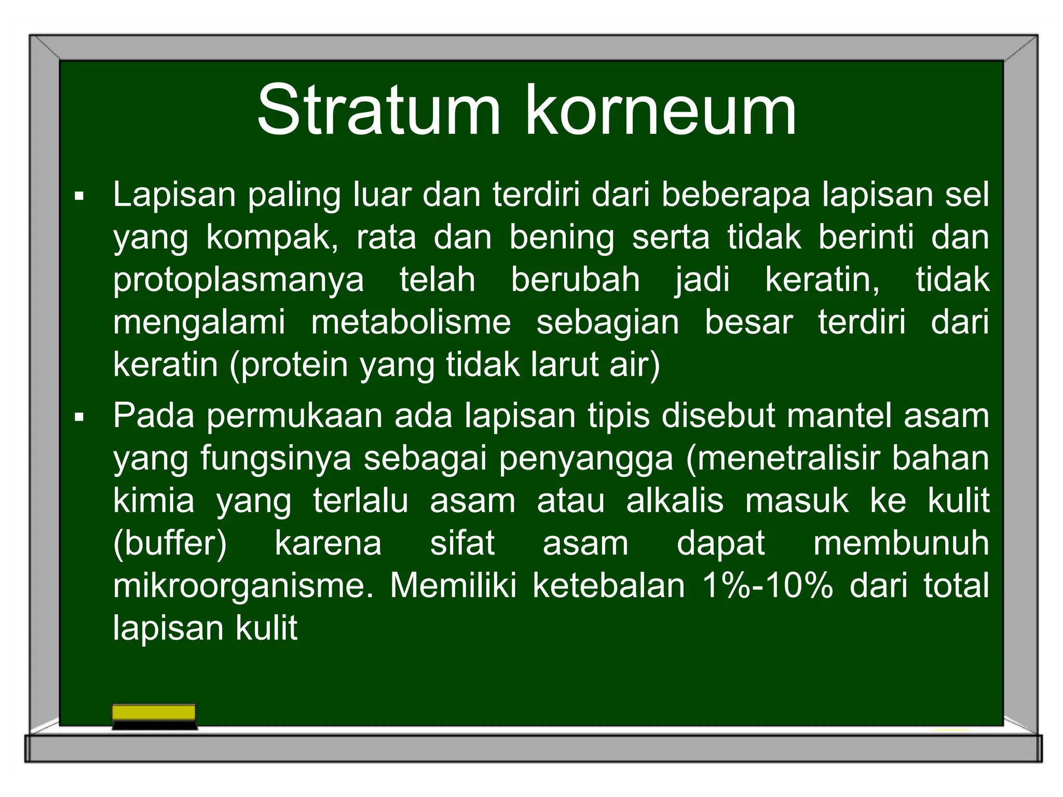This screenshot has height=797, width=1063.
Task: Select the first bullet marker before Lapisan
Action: [x=79, y=197]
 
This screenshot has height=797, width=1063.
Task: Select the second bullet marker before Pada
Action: [x=79, y=417]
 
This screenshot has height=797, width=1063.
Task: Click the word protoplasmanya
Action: [x=238, y=281]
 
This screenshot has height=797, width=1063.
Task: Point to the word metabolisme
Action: [x=411, y=322]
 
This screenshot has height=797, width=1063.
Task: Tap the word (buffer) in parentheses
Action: [x=170, y=544]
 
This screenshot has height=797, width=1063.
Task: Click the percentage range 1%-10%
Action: [x=768, y=586]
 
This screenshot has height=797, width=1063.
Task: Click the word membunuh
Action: [x=901, y=543]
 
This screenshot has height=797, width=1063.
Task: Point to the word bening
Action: [x=562, y=239]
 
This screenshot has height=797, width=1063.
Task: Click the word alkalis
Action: [x=675, y=501]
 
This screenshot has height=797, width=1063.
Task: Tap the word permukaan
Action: [x=294, y=417]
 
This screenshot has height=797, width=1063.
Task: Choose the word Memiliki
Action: [x=453, y=586]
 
